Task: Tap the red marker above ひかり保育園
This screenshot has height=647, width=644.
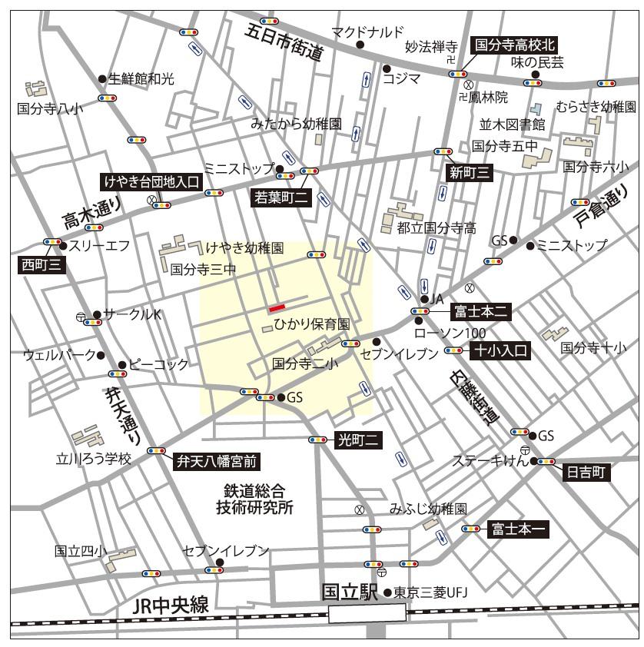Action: click(277, 309)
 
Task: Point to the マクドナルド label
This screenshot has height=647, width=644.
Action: click(367, 32)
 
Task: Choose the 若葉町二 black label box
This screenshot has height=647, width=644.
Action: click(281, 197)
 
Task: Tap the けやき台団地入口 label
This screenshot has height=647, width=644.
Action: click(151, 182)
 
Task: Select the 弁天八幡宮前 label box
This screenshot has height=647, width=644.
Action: click(216, 461)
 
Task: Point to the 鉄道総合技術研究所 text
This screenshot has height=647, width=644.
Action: click(254, 499)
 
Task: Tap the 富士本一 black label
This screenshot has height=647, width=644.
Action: click(518, 529)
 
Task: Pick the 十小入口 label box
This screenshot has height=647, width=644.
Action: click(500, 350)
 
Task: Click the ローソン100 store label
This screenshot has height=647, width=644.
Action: click(450, 333)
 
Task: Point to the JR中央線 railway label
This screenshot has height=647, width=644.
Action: click(171, 606)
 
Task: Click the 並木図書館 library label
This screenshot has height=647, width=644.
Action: click(512, 124)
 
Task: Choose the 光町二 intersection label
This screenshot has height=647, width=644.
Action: click(358, 440)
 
